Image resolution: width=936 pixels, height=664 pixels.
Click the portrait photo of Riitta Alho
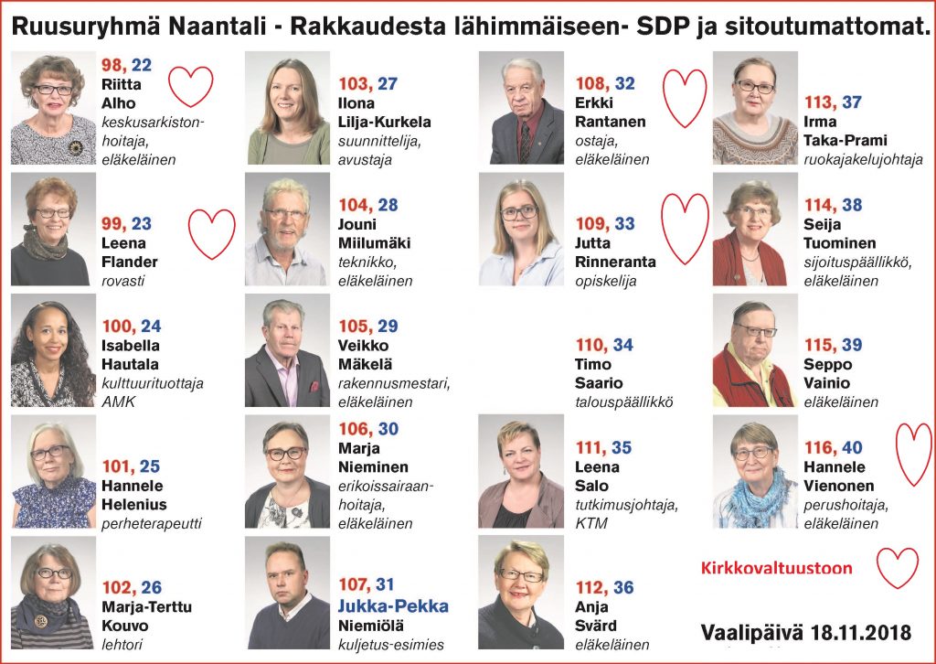53,108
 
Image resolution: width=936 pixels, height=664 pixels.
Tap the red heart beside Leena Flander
212,233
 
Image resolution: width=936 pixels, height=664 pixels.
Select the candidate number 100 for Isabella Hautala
119,326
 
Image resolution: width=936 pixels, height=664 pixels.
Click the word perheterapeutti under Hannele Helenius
151,524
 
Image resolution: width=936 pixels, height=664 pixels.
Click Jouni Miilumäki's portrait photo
287,230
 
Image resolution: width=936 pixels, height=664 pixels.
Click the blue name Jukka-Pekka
393,606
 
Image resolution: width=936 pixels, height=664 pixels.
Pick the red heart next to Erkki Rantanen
684,97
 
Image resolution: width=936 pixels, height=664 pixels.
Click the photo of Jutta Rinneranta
521,230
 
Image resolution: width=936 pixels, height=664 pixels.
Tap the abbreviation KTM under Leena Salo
591,524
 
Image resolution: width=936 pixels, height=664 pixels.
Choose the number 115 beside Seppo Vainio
819,344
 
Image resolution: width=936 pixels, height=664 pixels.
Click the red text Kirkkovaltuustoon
776,568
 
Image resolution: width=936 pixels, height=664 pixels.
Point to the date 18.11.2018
858,632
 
